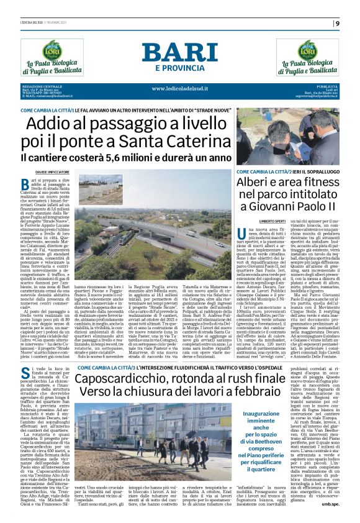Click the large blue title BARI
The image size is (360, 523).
click(180, 53)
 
